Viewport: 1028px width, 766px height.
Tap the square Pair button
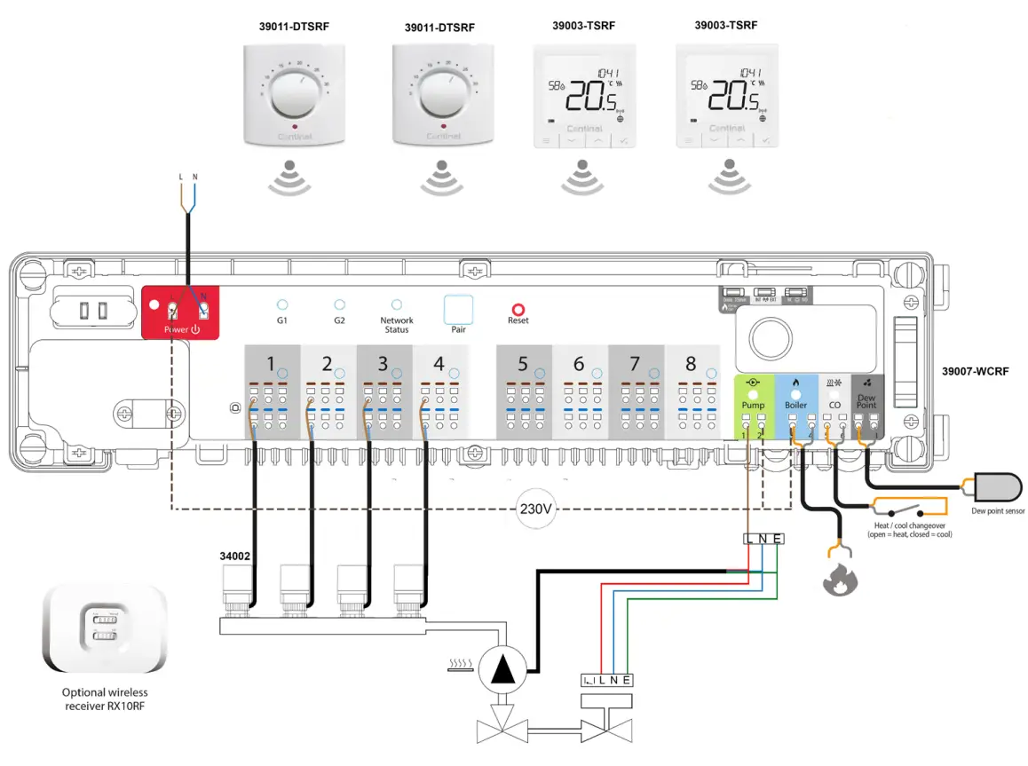coord(458,309)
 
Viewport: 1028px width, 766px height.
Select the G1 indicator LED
coord(282,304)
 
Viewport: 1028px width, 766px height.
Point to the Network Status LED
coord(397,304)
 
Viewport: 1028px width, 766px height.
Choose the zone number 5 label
coord(523,364)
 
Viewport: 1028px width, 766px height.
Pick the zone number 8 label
coord(692,364)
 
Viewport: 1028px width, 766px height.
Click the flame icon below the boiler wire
coord(838,581)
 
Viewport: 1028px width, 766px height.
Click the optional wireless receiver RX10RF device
coord(104,629)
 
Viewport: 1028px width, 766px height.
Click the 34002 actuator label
coord(235,557)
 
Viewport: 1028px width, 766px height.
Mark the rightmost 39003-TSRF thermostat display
coord(727,92)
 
